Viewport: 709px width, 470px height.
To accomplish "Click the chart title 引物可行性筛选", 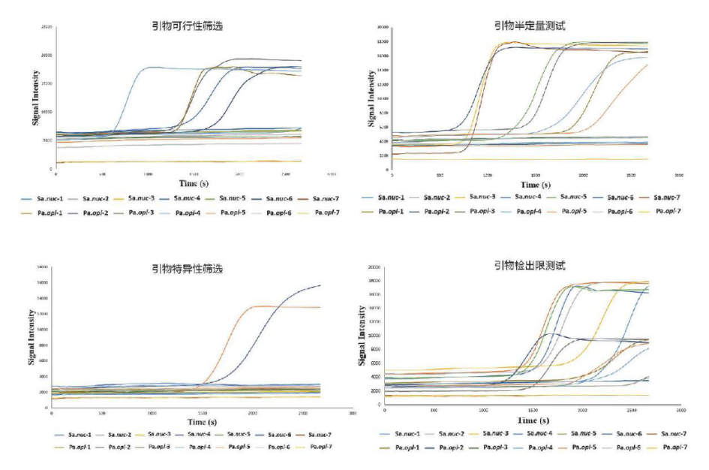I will [187, 26].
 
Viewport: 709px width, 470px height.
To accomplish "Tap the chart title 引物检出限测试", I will [523, 265].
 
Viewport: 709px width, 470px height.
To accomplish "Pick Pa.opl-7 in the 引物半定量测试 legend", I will [669, 210].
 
